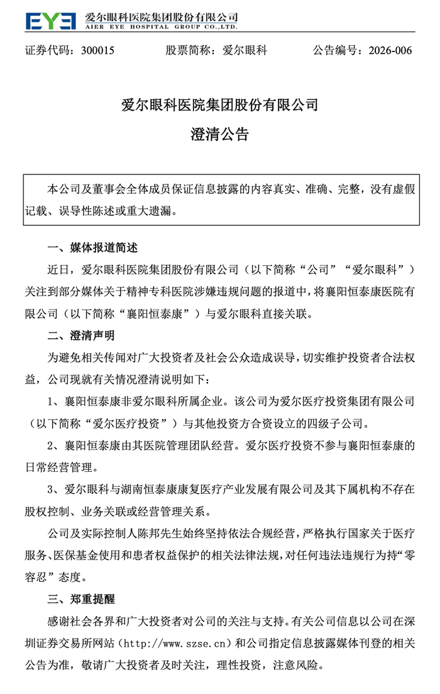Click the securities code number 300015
[97, 51]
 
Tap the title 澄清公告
[219, 135]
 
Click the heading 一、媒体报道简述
[92, 247]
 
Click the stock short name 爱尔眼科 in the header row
[245, 51]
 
